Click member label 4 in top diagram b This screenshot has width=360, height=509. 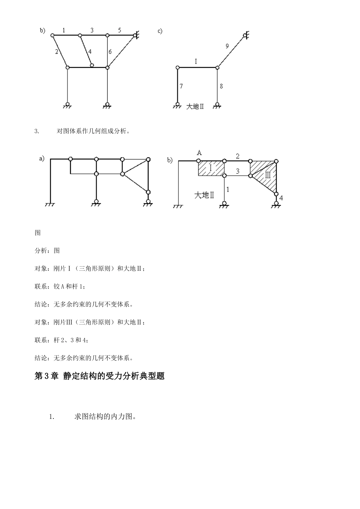pyautogui.click(x=90, y=52)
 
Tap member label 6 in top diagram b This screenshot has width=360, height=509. pyautogui.click(x=110, y=52)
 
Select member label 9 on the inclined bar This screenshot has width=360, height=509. pyautogui.click(x=227, y=46)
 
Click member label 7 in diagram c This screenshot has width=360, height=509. pyautogui.click(x=181, y=86)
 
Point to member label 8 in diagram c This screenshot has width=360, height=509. pyautogui.click(x=221, y=86)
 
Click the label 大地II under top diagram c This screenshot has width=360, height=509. pyautogui.click(x=195, y=107)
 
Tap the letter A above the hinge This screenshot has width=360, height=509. pyautogui.click(x=199, y=153)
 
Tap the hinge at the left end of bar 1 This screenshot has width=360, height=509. pyautogui.click(x=52, y=35)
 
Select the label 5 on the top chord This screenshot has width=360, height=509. pyautogui.click(x=119, y=30)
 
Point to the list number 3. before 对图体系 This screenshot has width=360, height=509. pyautogui.click(x=37, y=132)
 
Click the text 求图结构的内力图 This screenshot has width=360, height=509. pyautogui.click(x=105, y=417)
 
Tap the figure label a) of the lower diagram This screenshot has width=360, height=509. pyautogui.click(x=42, y=159)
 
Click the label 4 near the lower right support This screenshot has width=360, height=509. pyautogui.click(x=281, y=198)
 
